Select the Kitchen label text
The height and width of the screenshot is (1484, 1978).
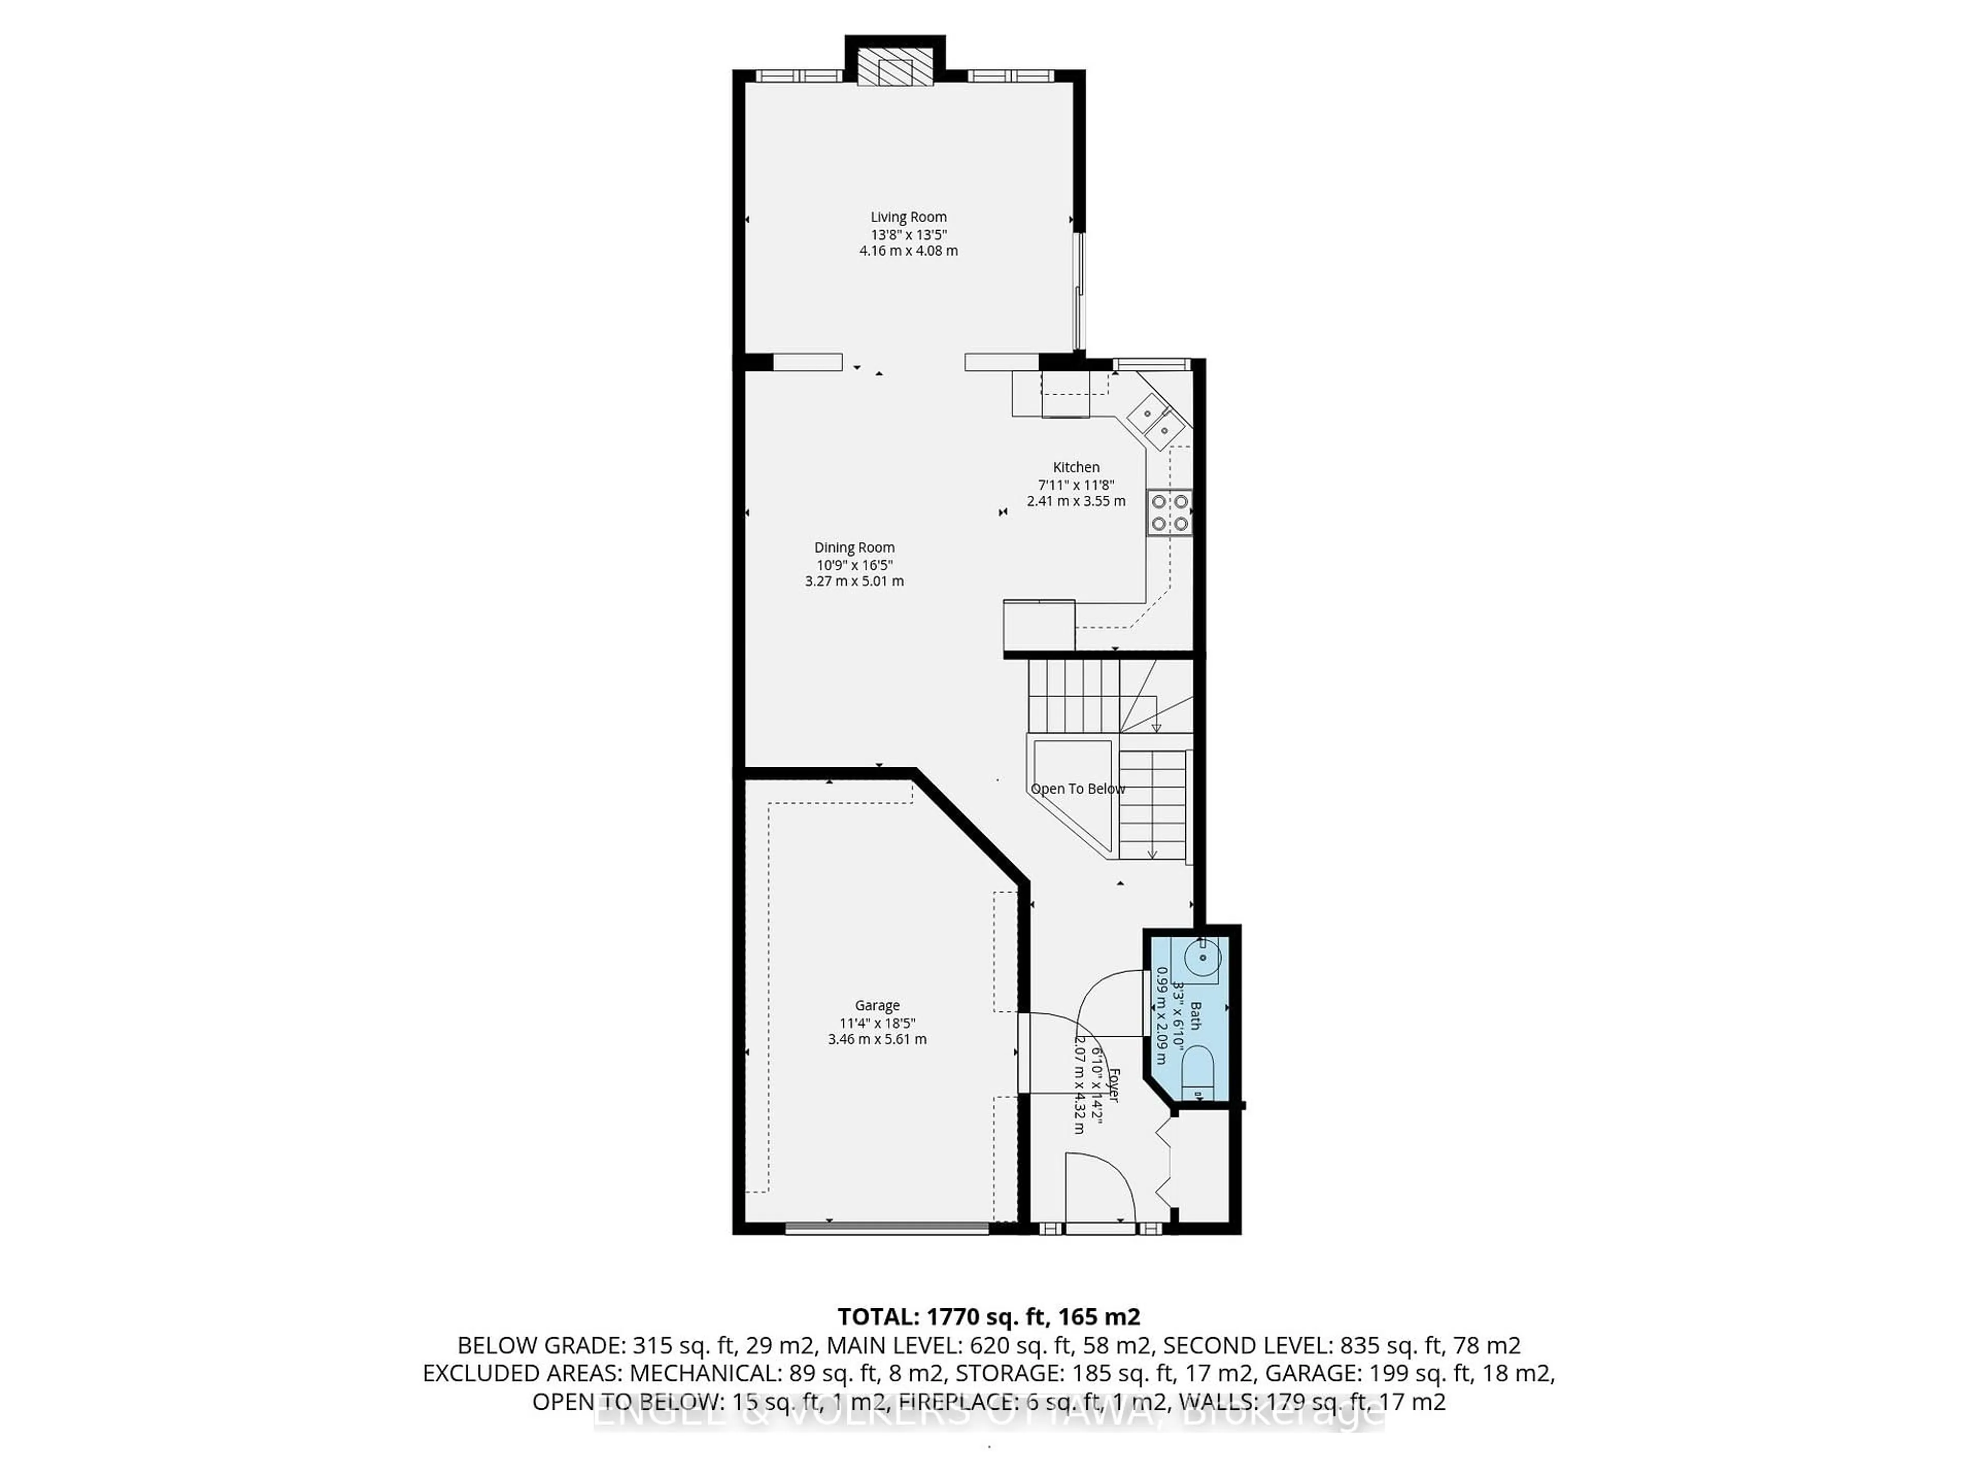[x=1076, y=467]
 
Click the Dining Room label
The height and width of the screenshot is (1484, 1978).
[x=854, y=547]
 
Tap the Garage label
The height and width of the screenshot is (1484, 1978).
[x=876, y=1005]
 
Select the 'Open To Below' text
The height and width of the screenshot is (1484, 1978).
[x=1078, y=789]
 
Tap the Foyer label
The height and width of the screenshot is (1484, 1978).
[x=1113, y=1084]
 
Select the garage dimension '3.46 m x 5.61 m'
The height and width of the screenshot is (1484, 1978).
[x=876, y=1039]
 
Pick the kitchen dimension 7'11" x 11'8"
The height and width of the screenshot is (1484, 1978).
[x=1076, y=484]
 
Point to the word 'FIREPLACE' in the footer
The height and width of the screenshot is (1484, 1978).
[x=956, y=1402]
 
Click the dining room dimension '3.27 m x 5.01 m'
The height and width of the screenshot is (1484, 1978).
[x=854, y=581]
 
